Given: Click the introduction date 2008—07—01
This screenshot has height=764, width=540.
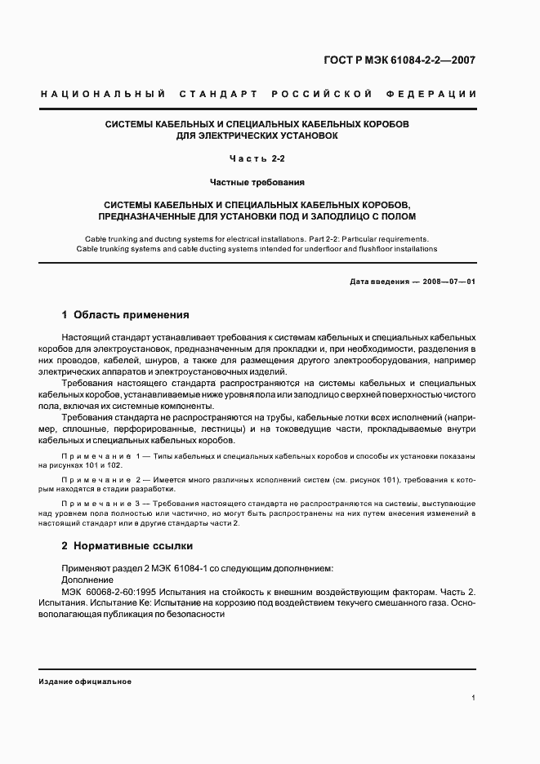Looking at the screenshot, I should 447,281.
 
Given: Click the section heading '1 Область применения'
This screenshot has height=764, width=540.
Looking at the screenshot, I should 126,314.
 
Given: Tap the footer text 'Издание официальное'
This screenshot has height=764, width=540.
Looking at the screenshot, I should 85,681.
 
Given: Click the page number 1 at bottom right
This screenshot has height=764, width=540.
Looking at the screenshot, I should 474,698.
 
